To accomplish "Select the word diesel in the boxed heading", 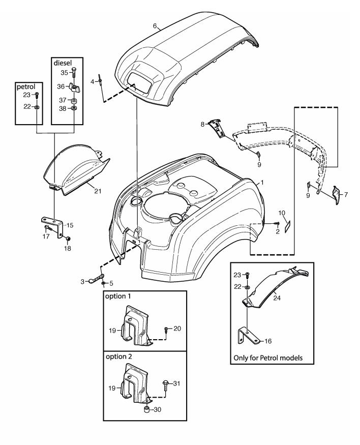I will (x=63, y=63).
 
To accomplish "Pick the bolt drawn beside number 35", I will (x=74, y=73).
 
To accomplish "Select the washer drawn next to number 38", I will (x=74, y=109).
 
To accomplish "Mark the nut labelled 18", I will (x=67, y=239).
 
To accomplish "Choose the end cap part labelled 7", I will (x=336, y=193).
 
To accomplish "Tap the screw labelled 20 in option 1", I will (x=166, y=330).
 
